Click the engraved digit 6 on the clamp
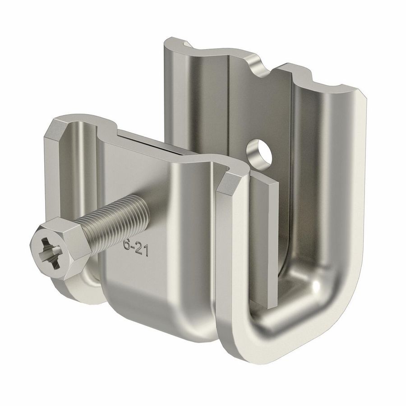tap(127, 245)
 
